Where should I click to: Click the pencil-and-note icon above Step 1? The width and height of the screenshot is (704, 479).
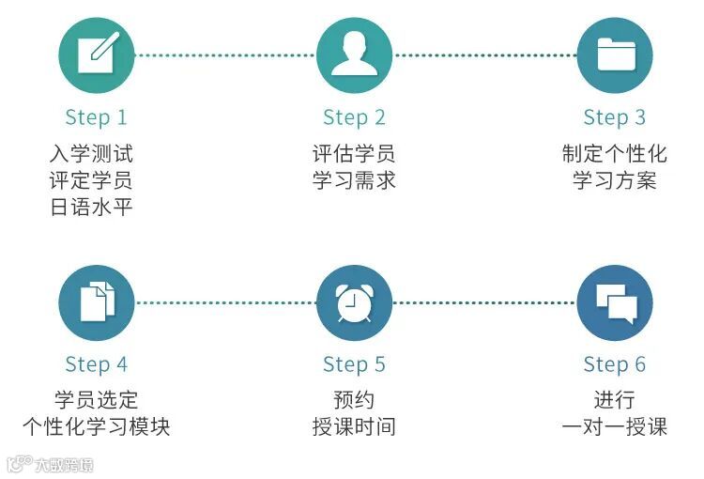[97, 54]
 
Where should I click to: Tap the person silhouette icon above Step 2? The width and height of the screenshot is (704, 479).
[354, 54]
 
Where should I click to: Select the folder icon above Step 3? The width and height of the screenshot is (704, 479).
[614, 54]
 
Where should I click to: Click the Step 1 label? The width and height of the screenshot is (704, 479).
[96, 117]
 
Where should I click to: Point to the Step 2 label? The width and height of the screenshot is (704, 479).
[354, 117]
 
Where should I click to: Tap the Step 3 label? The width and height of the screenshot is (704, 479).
[614, 117]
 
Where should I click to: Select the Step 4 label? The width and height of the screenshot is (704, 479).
[96, 364]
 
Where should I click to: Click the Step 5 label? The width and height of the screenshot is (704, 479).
[354, 364]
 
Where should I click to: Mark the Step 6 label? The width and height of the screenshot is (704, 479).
[614, 364]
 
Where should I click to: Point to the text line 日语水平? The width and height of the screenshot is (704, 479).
[91, 207]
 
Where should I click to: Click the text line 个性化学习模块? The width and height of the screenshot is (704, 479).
[96, 426]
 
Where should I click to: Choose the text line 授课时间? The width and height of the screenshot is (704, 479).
[354, 426]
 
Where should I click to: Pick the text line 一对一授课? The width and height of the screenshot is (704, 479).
[614, 426]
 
